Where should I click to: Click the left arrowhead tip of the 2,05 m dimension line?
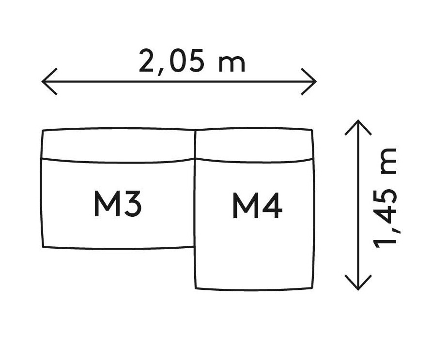pos(42,81)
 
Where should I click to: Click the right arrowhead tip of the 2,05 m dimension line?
pos(316,81)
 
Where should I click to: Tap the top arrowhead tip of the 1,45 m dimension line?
pos(358,120)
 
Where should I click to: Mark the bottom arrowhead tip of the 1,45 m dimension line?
pos(358,290)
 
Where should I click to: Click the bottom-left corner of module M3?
pos(43,247)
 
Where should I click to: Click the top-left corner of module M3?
pos(43,130)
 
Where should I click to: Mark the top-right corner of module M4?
pos(312,130)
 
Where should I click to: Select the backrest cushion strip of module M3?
pos(119,145)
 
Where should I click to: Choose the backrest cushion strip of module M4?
pos(254,145)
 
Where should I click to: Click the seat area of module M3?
pos(118,204)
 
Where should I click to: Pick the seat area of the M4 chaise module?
pos(254,225)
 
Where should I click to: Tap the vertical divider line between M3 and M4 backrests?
pos(195,144)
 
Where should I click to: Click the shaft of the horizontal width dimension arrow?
pos(179,81)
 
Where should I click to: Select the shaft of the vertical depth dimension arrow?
pos(358,205)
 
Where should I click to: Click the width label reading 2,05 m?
pos(192,61)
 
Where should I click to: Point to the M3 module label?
pos(118,204)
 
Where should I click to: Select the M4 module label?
pos(257,206)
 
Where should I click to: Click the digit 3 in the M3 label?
pos(131,204)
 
